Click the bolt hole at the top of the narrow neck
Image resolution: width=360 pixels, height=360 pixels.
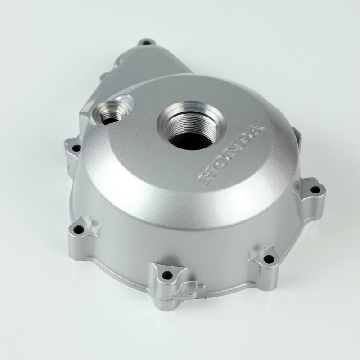[x=146, y=43]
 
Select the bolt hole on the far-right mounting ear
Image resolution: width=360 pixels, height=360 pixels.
[x=315, y=189]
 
